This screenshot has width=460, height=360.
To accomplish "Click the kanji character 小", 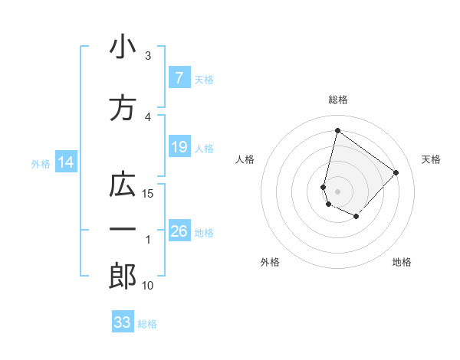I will pos(122,48).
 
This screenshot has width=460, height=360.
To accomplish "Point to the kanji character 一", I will pos(122,230).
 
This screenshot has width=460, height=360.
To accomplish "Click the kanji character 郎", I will pos(122,277).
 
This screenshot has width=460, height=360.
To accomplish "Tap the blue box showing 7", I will pos(179,78).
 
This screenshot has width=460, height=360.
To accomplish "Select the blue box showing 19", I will pos(179,147).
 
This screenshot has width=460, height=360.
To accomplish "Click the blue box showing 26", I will pos(179,231).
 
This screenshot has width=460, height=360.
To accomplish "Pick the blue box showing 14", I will pos(65,162).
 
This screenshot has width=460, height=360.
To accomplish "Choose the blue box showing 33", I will pos(123,322).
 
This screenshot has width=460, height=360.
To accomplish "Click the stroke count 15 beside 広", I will pos(149,193).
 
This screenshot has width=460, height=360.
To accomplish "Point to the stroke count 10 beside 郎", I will pos(149,286).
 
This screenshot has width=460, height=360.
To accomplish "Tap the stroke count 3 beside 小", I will pos(148,56).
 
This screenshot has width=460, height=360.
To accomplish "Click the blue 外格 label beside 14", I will pos(40,163).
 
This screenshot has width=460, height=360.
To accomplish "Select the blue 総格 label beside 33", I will pos(147,324).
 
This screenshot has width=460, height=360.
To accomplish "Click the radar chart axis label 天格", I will pos(431,159).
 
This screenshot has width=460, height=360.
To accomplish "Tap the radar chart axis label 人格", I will pos(245,159).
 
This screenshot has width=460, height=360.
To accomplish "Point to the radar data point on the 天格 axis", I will pos(396,172).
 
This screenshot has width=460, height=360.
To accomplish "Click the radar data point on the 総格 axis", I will pos(337,131).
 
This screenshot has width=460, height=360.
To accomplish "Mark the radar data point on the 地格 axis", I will pos(356,217).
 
